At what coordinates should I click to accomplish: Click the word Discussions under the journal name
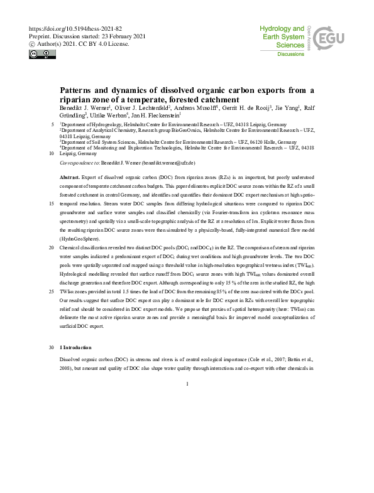290,55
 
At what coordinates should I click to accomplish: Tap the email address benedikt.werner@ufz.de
175,163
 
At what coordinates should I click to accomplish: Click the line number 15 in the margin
52,205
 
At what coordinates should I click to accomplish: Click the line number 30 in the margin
52,347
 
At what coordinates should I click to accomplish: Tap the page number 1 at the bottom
187,384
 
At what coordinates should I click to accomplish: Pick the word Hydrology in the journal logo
282,29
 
